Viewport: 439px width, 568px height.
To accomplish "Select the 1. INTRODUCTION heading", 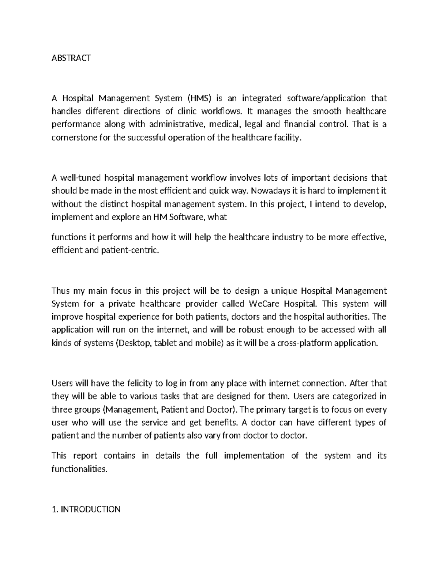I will click(x=86, y=509).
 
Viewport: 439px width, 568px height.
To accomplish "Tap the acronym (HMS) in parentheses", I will click(x=199, y=98).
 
